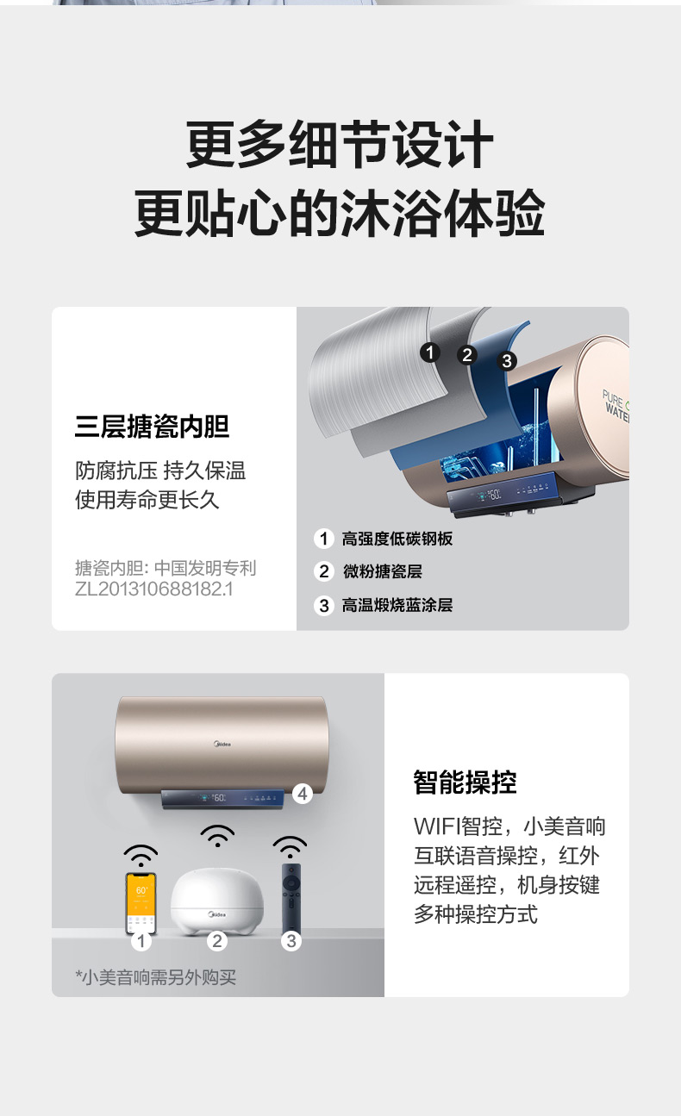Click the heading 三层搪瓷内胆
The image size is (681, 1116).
point(152,427)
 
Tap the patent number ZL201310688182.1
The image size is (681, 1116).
point(154,589)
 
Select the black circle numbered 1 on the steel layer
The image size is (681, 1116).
point(430,352)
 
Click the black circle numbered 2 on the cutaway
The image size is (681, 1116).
point(467,355)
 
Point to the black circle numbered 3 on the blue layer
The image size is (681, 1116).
point(507,361)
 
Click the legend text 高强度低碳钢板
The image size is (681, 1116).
point(397,539)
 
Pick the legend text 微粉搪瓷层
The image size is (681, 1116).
point(383,571)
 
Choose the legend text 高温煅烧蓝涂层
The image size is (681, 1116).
point(397,605)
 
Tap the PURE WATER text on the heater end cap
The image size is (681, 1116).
point(615,406)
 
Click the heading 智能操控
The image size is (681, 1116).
point(465,782)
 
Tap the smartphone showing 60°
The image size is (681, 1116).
point(141,903)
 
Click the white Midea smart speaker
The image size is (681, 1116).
point(217,901)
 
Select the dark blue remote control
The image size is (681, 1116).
point(291,900)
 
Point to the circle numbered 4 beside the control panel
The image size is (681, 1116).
point(302,794)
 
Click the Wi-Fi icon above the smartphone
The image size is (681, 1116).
point(141,856)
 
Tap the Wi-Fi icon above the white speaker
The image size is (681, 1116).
point(217,836)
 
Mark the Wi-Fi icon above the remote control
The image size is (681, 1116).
point(290,847)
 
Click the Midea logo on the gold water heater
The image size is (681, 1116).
point(222,745)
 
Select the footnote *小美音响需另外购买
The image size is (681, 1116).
point(155,977)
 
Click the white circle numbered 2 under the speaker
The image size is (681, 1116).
point(217,941)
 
